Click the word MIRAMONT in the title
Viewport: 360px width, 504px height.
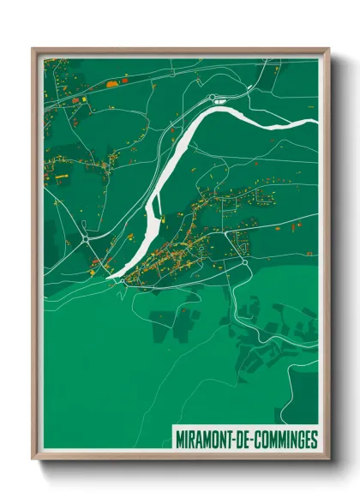click(x=203, y=440)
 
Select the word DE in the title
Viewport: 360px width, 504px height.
click(x=241, y=440)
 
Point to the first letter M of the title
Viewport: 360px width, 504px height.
click(x=178, y=440)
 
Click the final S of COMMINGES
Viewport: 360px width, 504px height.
click(x=314, y=440)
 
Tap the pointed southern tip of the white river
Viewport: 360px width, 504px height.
click(x=109, y=278)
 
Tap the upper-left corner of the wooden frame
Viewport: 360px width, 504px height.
click(x=33, y=50)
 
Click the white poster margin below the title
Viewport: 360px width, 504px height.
click(x=244, y=453)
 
